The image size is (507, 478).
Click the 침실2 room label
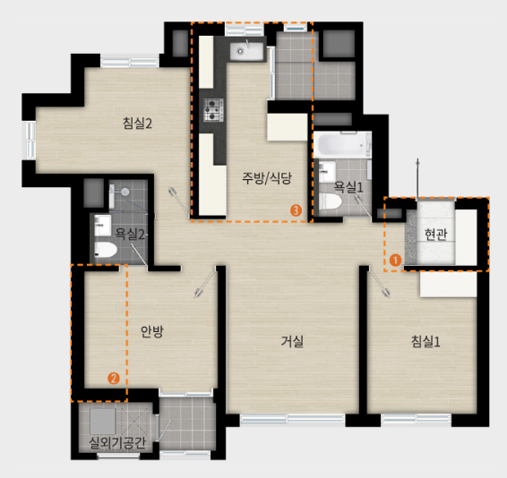point(137,124)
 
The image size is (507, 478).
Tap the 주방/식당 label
point(267,177)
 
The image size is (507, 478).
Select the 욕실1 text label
point(348,186)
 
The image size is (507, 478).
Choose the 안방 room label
point(152,331)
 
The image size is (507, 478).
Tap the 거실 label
point(292,340)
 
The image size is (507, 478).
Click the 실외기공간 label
point(117,442)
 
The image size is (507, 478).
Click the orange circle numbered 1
point(395,260)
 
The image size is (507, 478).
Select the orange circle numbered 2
point(113,378)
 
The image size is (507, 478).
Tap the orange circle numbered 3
point(296,210)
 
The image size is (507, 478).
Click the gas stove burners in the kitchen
point(213,110)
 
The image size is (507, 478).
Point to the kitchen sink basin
point(241,51)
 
